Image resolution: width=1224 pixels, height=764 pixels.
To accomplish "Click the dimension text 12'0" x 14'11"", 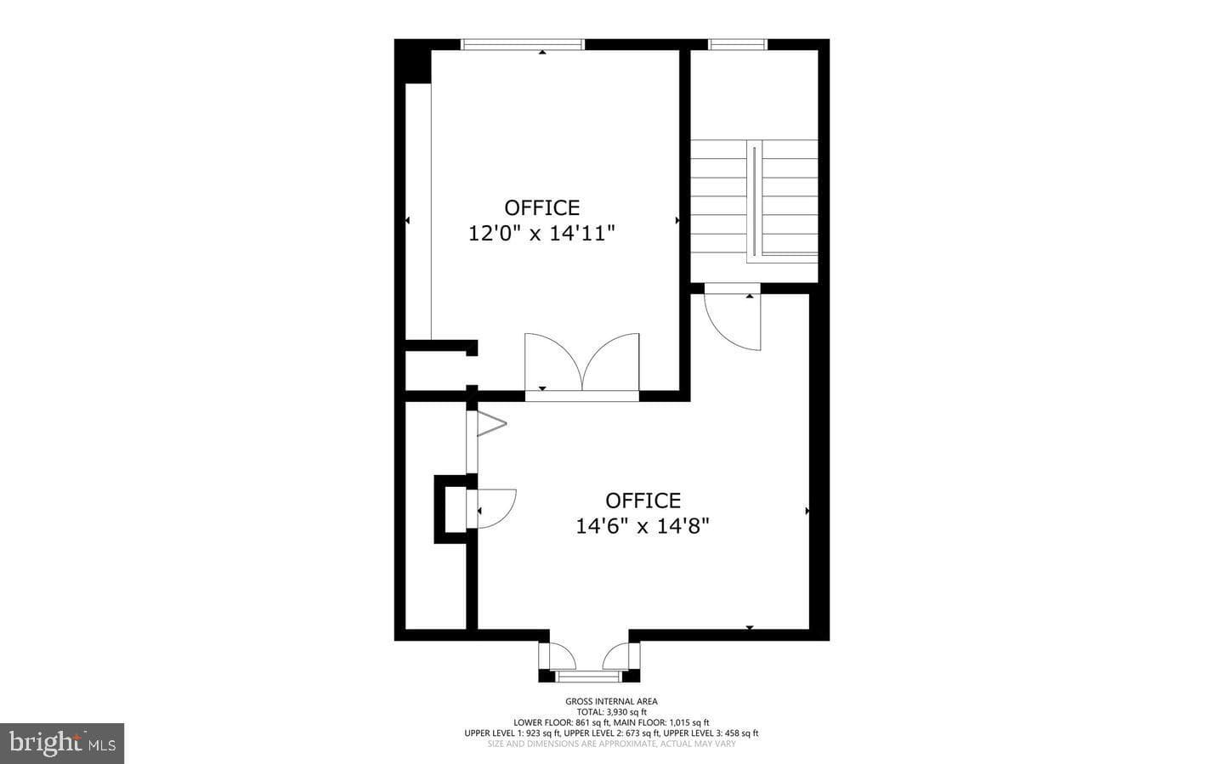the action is pyautogui.click(x=541, y=234).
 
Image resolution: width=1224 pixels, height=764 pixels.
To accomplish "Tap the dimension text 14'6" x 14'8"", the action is pyautogui.click(x=643, y=526).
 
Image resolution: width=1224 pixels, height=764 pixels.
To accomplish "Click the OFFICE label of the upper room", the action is pyautogui.click(x=541, y=207).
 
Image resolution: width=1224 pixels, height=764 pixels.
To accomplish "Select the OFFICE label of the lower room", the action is pyautogui.click(x=643, y=501).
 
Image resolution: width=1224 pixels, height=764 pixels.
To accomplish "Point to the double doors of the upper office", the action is pyautogui.click(x=582, y=364).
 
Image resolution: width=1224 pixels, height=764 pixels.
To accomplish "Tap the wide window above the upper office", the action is pyautogui.click(x=523, y=44).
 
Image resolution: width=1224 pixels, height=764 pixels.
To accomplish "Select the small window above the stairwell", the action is pyautogui.click(x=738, y=44).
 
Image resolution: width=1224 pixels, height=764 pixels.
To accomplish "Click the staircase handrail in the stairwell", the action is pyautogui.click(x=755, y=201).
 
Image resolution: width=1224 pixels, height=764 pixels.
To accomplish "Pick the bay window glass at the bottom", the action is pyautogui.click(x=588, y=676).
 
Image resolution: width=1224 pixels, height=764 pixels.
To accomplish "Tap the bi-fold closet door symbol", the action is pyautogui.click(x=491, y=423).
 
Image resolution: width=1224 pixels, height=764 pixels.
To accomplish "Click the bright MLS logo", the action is pyautogui.click(x=62, y=744).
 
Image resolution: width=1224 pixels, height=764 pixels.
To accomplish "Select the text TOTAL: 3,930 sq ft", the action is pyautogui.click(x=611, y=712).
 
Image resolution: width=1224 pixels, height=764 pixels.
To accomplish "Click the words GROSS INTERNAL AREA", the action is pyautogui.click(x=611, y=701).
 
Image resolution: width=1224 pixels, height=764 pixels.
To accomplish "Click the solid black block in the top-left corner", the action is pyautogui.click(x=414, y=61).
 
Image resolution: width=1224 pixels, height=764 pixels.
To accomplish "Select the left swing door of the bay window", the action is pyautogui.click(x=558, y=656).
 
